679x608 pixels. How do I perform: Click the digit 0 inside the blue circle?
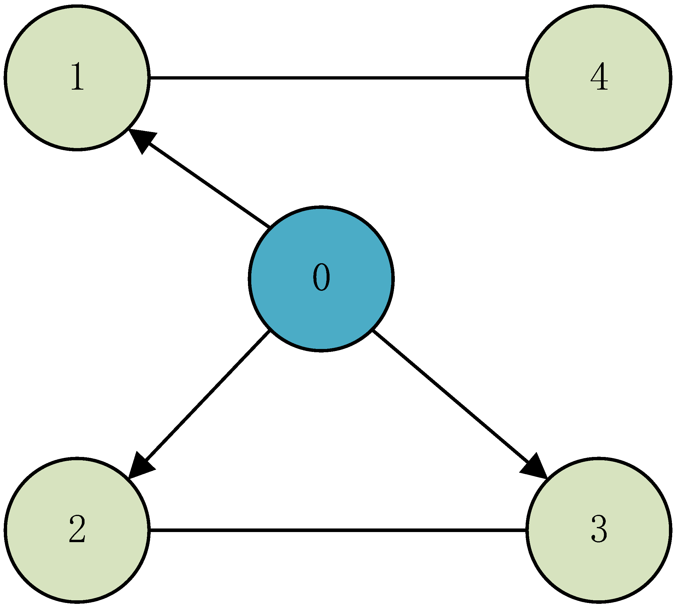pyautogui.click(x=321, y=277)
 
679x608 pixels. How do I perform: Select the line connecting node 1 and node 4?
pyautogui.click(x=337, y=78)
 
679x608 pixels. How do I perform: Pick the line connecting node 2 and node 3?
pyautogui.click(x=337, y=530)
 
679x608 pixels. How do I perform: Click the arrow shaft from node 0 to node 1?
pyautogui.click(x=209, y=185)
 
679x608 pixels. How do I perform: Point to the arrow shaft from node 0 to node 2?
pyautogui.click(x=207, y=396)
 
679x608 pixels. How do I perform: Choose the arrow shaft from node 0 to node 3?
pyautogui.click(x=451, y=398)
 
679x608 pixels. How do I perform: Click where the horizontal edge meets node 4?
pyautogui.click(x=526, y=78)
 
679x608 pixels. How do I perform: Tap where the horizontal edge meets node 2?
pyautogui.click(x=149, y=530)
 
